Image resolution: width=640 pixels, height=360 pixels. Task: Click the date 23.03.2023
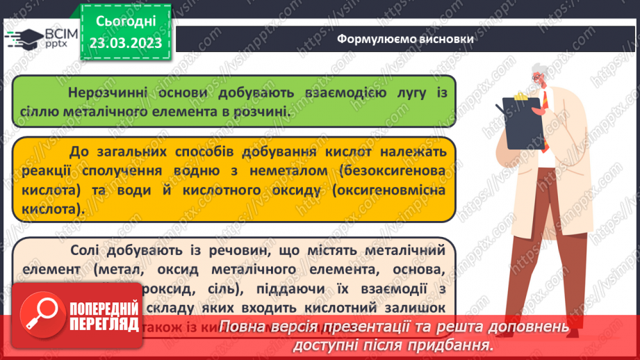click(125, 42)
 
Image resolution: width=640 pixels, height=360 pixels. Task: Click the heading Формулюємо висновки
click(406, 39)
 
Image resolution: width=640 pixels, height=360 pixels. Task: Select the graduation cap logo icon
click(23, 38)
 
